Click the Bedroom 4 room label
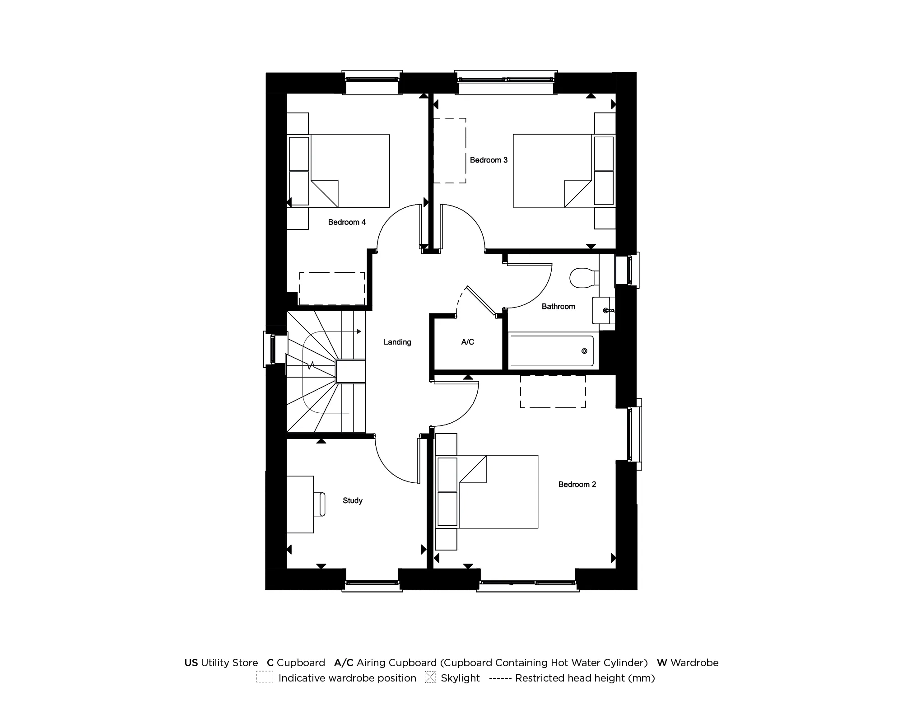347,222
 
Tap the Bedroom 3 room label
489,160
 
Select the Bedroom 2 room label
577,485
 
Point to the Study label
353,500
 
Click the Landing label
397,342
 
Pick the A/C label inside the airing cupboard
468,342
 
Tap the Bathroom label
558,307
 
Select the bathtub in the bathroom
551,351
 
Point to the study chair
320,504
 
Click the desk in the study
300,504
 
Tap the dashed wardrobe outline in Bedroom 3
450,150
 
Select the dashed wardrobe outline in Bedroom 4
332,288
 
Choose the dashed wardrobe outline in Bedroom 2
553,391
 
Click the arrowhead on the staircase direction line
359,331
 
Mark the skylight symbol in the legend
430,677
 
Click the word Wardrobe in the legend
694,663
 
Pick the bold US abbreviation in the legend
191,663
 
